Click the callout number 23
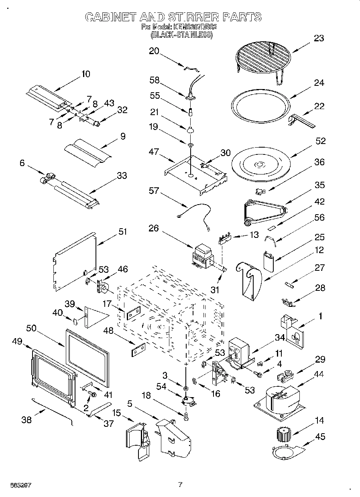click(319, 39)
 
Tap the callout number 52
click(321, 141)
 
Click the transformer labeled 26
click(203, 257)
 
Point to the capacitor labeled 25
click(268, 261)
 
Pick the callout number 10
click(85, 74)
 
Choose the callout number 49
click(17, 341)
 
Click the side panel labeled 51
click(75, 261)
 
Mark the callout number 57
click(154, 191)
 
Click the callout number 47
click(154, 152)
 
